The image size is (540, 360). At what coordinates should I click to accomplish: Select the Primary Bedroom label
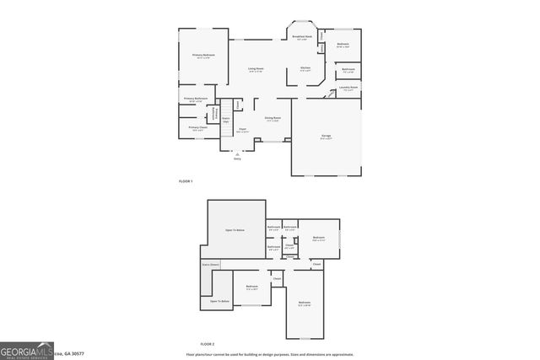pos(202,56)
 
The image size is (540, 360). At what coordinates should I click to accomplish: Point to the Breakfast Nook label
pos(302,37)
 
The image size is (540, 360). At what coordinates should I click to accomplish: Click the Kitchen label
pos(305,69)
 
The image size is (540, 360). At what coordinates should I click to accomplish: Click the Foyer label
pos(242,130)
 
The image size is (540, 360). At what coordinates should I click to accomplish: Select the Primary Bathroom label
pos(196,99)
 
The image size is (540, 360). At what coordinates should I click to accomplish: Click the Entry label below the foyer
pos(237,159)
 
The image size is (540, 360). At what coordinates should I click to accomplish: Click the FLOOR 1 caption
pos(186,182)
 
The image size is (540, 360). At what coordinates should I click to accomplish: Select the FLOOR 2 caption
pos(208,344)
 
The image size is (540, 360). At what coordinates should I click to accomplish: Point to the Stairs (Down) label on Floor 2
pos(211,265)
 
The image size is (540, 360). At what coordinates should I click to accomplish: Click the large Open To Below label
pos(235,229)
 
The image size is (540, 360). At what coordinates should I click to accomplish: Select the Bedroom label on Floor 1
pos(343,44)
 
